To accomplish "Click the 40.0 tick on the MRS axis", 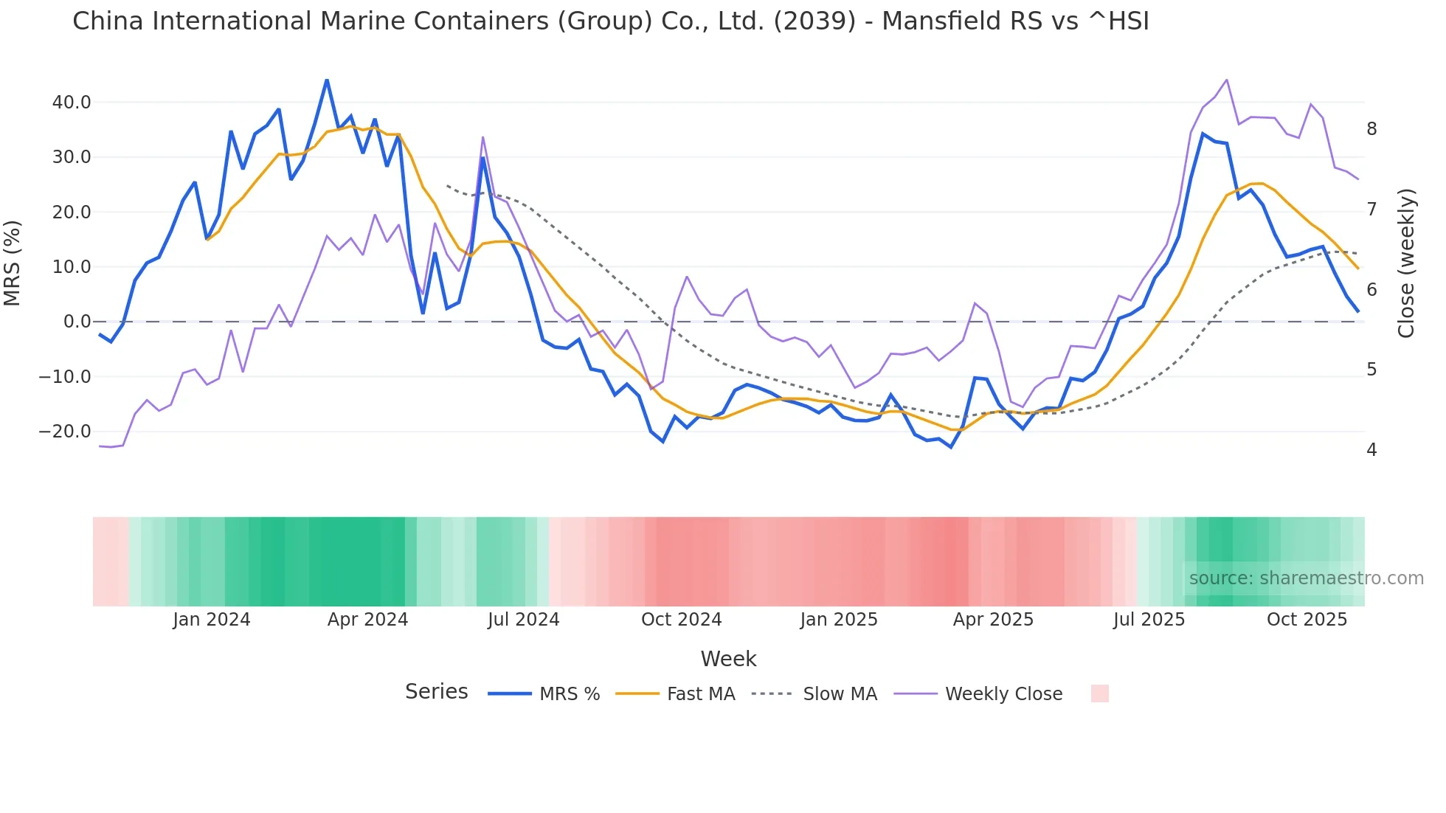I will coord(71,103).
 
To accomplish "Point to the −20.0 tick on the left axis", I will coord(65,432).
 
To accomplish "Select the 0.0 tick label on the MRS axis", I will coord(77,322).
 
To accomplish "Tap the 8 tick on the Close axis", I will coord(1371,129).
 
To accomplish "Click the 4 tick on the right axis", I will coord(1371,450).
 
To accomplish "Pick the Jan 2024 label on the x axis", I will coord(212,620).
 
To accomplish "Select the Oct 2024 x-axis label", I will coord(681,620).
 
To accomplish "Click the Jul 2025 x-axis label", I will coord(1149,620).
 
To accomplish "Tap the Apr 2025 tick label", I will coord(993,620).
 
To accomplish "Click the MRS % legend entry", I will coord(569,694).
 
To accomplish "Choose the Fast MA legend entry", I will coord(700,694).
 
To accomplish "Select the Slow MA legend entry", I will coord(840,694).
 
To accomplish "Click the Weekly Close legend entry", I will coord(1003,694).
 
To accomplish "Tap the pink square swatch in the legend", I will coord(1099,693).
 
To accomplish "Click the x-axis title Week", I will coord(728,659).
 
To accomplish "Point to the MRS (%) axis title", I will coord(13,263).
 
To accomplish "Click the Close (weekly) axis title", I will coord(1406,263).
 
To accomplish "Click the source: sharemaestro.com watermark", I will coord(1306,578).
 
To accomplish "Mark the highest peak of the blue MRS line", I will coord(327,80).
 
